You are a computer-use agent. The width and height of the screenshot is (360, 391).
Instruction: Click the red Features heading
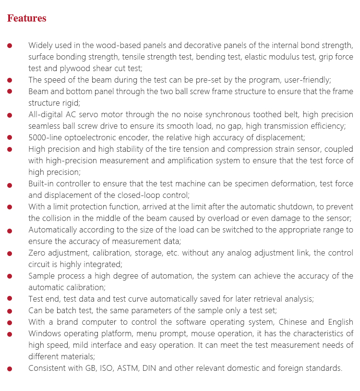pos(27,18)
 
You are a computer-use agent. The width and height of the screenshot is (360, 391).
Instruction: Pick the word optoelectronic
pos(91,137)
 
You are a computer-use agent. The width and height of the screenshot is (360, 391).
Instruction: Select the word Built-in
pos(42,183)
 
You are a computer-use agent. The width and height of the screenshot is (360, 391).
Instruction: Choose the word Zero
pos(37,253)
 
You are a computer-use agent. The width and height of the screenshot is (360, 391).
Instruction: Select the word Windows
pos(44,333)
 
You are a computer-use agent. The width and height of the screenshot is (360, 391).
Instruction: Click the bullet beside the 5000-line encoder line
pos(10,138)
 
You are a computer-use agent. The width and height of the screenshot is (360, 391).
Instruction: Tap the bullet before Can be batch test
pos(10,311)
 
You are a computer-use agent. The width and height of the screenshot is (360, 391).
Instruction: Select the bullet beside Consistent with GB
pos(10,368)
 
